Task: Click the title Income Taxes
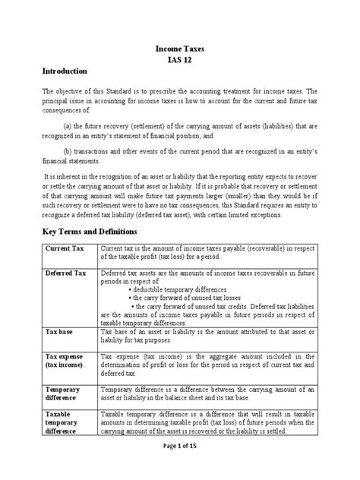coord(179,47)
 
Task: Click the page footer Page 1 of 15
coord(180,466)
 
